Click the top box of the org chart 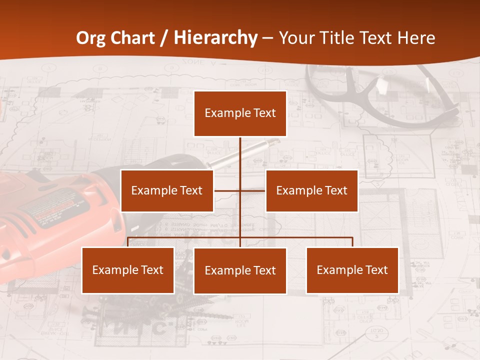click(240, 113)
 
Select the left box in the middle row click(167, 190)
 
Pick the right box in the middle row click(311, 190)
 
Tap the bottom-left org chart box click(128, 270)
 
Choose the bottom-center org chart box click(240, 270)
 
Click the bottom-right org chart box click(352, 270)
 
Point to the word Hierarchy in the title click(215, 38)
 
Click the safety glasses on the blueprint click(380, 95)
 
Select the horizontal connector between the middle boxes click(239, 190)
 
